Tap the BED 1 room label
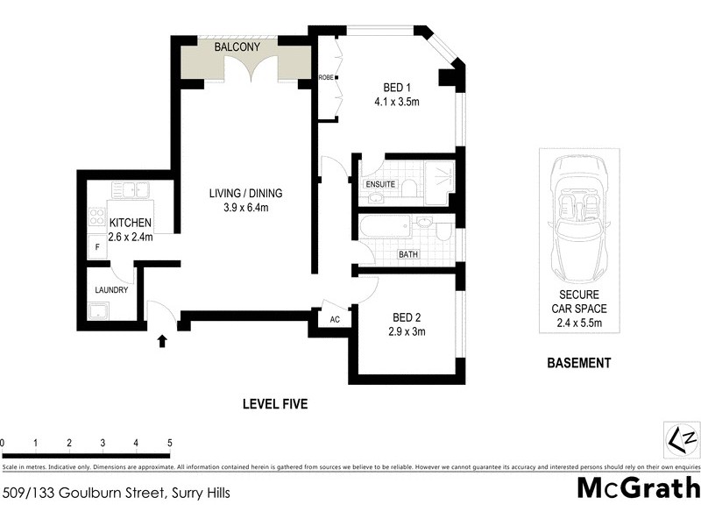(x=396, y=88)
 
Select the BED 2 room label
(x=407, y=317)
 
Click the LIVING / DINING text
(x=245, y=193)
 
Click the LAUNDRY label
(x=112, y=290)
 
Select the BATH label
(x=408, y=255)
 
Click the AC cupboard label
(x=334, y=319)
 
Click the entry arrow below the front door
(x=161, y=340)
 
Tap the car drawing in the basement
(x=577, y=219)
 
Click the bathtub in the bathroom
(x=386, y=229)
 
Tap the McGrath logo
(x=638, y=487)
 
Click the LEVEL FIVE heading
(x=275, y=404)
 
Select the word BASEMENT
(x=578, y=363)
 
